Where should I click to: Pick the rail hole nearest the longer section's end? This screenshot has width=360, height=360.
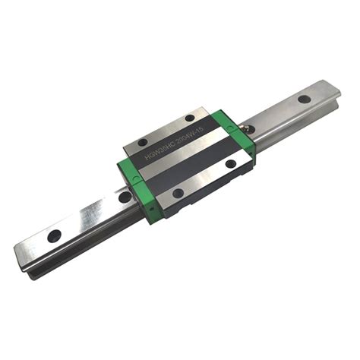point(54,235)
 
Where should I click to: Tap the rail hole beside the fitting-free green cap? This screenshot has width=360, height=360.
point(125,197)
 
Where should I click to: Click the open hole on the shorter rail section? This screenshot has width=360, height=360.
point(304,99)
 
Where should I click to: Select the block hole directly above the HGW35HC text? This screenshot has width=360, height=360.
point(143,141)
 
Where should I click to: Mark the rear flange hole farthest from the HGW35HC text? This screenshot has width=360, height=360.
point(188,118)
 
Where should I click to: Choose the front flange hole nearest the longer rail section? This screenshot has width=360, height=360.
point(178,193)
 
